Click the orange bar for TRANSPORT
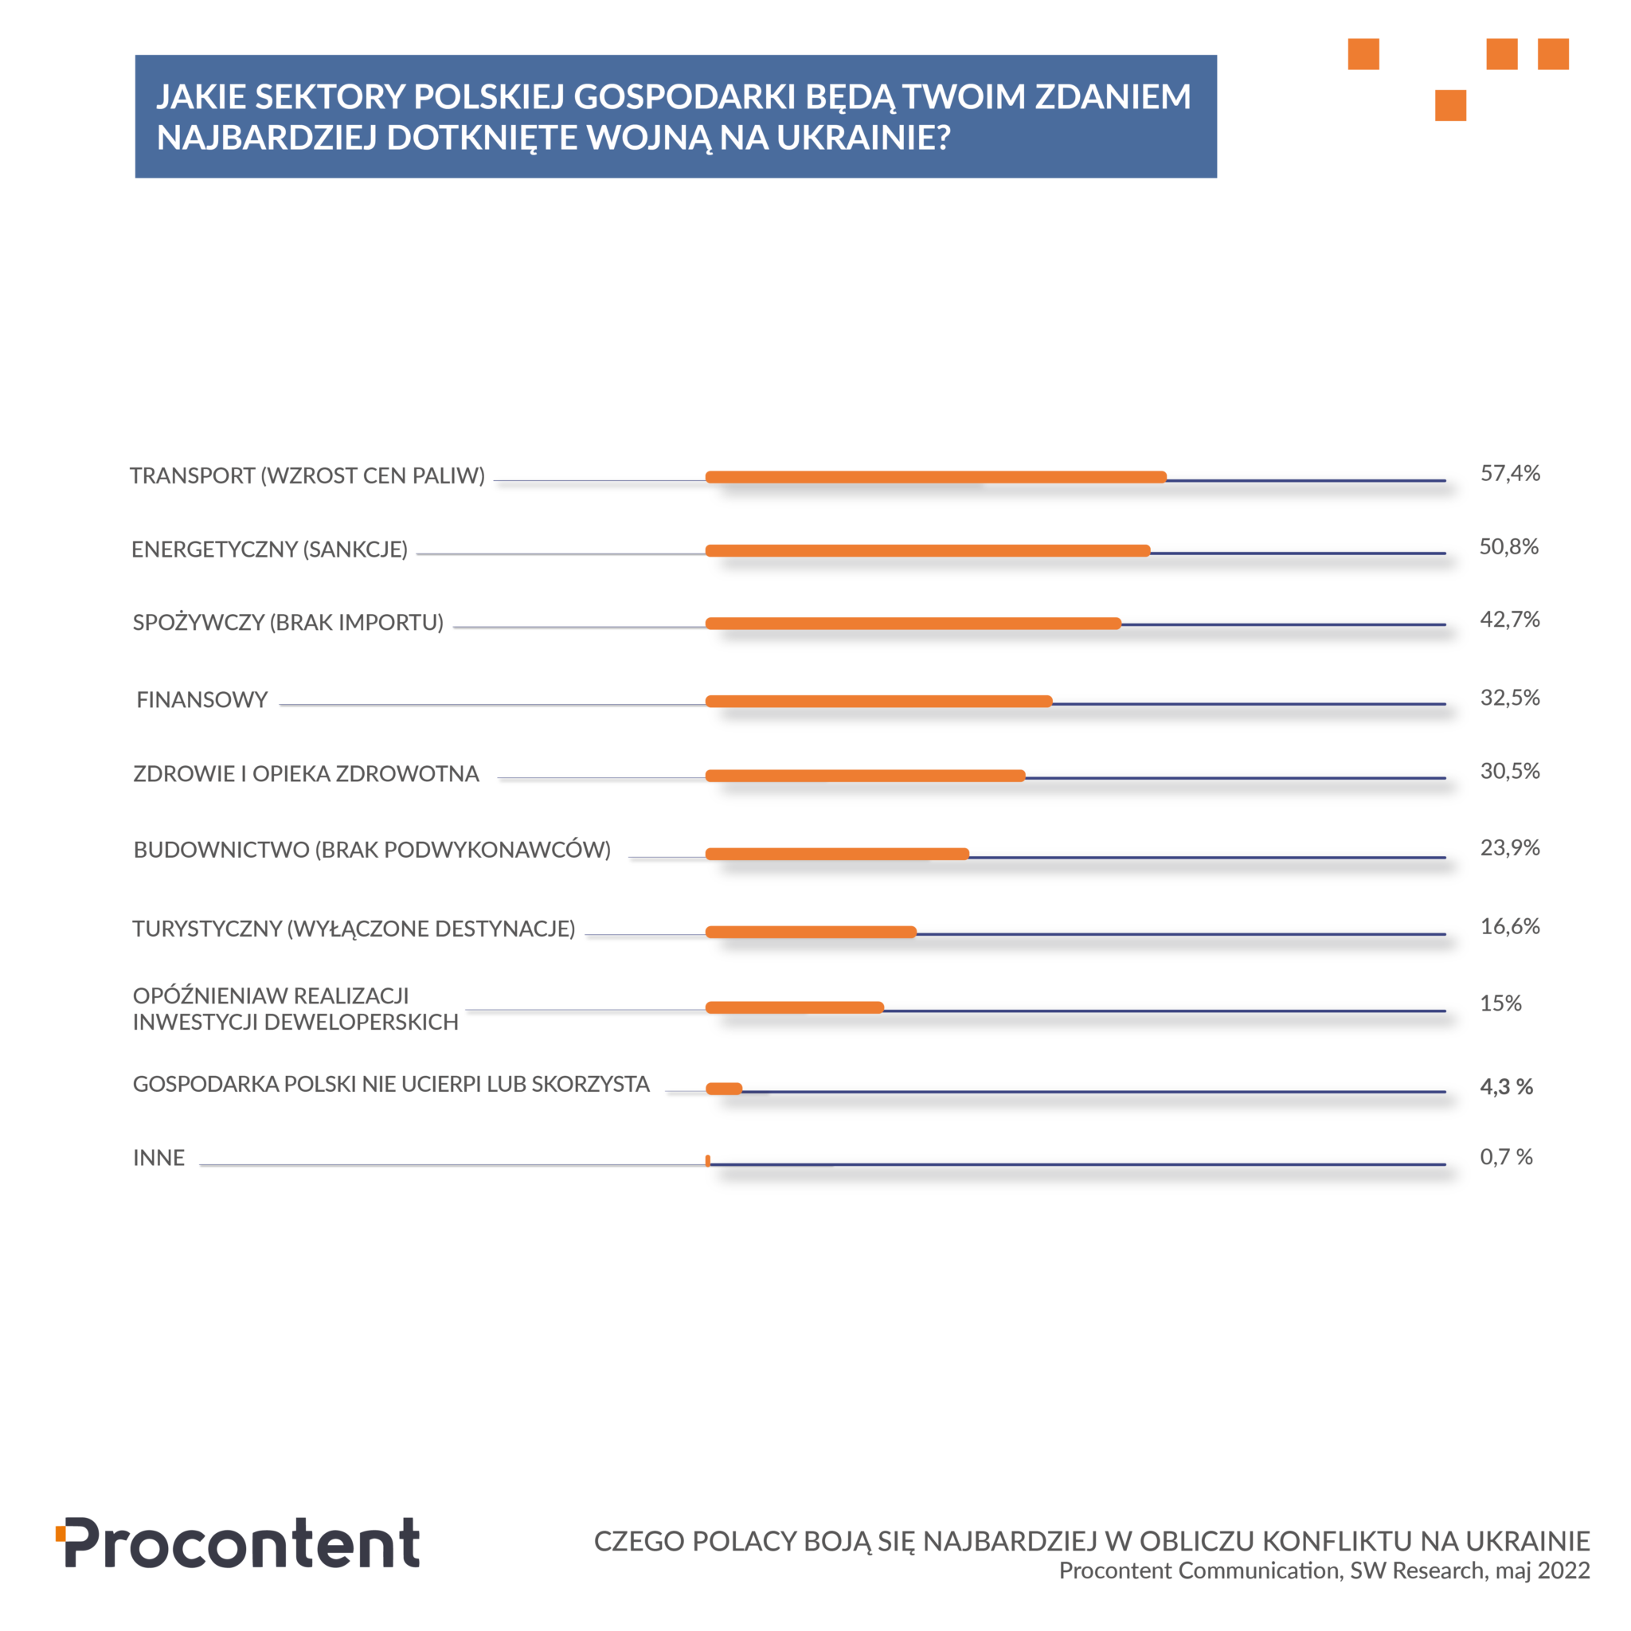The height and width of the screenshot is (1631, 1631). click(936, 477)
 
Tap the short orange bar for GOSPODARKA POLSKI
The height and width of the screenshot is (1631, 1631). click(723, 1088)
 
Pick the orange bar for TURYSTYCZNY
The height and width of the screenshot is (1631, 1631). click(811, 932)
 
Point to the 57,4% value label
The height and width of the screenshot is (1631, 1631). click(1509, 473)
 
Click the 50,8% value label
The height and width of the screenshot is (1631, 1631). click(1508, 546)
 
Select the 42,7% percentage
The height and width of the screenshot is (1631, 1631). click(1509, 619)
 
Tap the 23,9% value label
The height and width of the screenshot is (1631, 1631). click(1509, 847)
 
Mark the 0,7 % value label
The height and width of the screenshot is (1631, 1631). click(1506, 1156)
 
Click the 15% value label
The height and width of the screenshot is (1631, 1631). click(1500, 1003)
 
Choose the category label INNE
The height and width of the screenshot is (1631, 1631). click(158, 1157)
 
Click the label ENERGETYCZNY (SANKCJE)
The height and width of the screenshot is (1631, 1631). click(269, 550)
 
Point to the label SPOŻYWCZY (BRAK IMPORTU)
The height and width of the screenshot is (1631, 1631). click(287, 622)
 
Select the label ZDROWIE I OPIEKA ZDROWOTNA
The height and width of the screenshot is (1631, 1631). click(306, 773)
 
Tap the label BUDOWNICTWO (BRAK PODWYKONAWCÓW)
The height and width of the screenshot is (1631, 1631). click(371, 849)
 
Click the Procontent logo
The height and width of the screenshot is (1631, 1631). click(238, 1543)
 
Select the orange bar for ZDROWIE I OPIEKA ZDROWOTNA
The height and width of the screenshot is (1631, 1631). click(864, 776)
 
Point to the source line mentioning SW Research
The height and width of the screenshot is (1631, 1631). click(1324, 1570)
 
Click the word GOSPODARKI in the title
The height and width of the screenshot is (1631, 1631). click(684, 97)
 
